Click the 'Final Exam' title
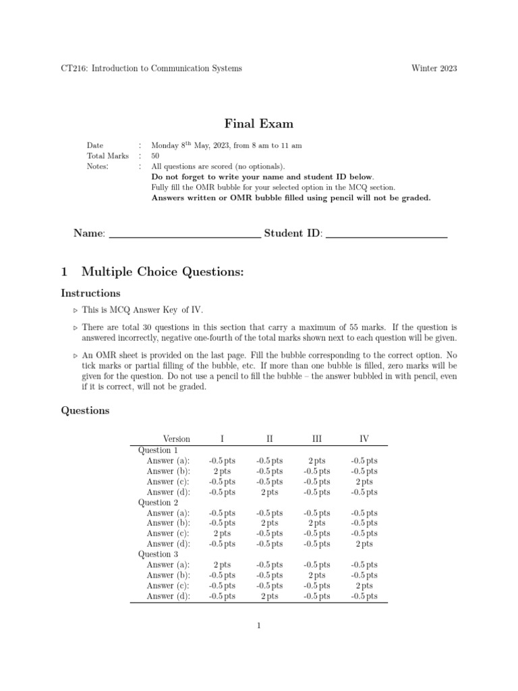point(258,123)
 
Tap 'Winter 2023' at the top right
point(434,68)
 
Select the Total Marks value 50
point(155,156)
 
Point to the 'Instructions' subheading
point(90,294)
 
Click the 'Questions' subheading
point(85,410)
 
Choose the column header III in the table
point(316,439)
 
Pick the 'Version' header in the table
point(177,439)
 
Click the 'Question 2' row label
point(159,503)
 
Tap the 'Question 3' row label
point(159,555)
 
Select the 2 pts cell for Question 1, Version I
point(222,471)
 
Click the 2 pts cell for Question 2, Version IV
point(364,544)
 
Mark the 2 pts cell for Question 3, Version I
point(222,565)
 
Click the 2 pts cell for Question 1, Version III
point(316,461)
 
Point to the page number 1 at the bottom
point(258,626)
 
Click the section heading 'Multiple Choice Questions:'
point(161,272)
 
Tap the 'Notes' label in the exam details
point(98,166)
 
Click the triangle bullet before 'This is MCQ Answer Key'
point(75,311)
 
